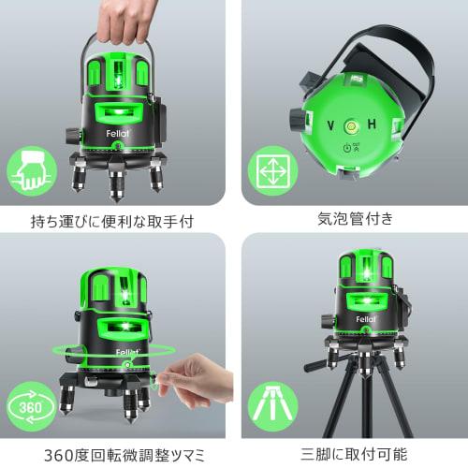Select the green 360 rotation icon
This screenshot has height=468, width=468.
click(29, 409)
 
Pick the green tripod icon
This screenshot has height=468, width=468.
click(269, 409)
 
